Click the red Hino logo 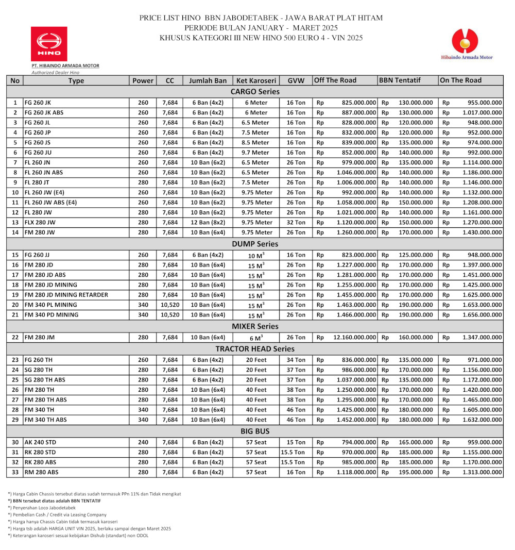coord(49,44)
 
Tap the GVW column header coord(296,80)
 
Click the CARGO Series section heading coord(255,92)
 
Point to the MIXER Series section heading coord(255,326)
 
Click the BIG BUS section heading coord(255,431)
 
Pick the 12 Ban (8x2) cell coord(208,223)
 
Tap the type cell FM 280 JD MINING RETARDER coord(66,295)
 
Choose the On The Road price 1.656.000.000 coord(482,315)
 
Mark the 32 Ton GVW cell coord(296,223)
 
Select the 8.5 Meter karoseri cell coord(256,143)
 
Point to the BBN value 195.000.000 coord(416,472)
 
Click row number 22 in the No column coord(15,338)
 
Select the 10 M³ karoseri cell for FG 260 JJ coord(256,255)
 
